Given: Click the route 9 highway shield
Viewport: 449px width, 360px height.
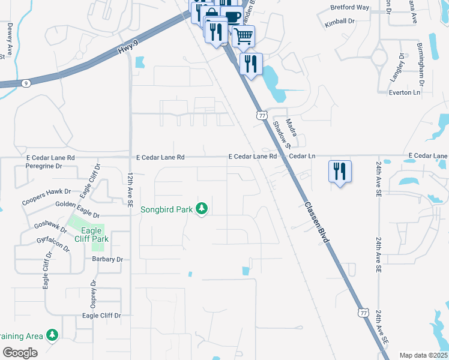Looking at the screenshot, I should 26,83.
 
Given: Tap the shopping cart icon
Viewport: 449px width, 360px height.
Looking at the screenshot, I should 243,35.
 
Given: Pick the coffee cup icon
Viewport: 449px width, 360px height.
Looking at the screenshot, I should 232,16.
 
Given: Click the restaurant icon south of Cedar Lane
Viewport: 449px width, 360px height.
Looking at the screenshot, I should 340,171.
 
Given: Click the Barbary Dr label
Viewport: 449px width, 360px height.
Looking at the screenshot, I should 107,259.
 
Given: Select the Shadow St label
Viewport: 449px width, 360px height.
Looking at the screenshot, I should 282,135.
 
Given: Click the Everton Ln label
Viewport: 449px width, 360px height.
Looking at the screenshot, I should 404,92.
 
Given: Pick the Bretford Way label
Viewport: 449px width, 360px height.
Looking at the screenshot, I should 349,8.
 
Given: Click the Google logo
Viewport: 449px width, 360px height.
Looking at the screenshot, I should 20,352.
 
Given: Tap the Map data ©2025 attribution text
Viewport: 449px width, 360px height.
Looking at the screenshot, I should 423,355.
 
